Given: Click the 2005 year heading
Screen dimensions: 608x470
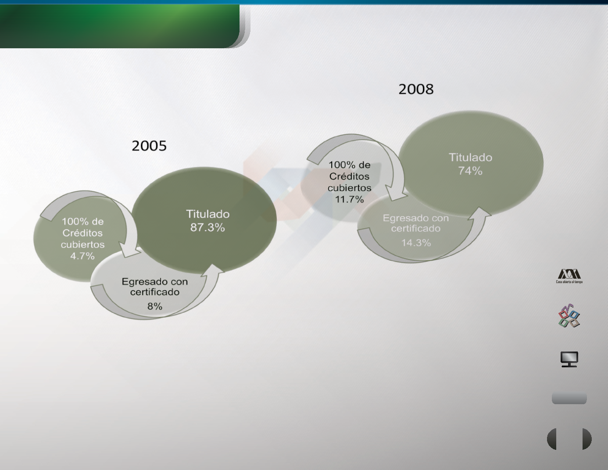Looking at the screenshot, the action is tap(149, 146).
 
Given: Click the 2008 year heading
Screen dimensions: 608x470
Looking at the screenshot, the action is tap(416, 89).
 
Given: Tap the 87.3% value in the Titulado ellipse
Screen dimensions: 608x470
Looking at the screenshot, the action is tap(207, 227).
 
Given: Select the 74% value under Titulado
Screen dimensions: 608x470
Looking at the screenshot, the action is tap(470, 171).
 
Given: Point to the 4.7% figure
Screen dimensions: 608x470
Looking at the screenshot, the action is tap(82, 256).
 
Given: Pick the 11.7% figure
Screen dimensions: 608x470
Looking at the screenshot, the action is tap(350, 199).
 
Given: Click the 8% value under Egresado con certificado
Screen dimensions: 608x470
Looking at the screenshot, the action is tap(155, 306).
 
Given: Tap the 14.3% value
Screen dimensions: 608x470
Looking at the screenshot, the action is tap(416, 242).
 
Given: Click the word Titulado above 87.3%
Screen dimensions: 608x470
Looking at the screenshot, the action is tap(208, 214).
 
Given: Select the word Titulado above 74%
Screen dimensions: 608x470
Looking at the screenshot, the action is tap(471, 157).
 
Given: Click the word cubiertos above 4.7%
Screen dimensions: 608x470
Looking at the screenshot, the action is tap(82, 244).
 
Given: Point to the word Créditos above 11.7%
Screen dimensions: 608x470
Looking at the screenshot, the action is tap(350, 176).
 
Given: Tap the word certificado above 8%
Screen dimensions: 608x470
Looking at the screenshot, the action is tap(155, 292).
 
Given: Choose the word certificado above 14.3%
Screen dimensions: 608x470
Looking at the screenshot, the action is tap(416, 229).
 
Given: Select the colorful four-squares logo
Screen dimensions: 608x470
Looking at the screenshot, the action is tap(569, 316).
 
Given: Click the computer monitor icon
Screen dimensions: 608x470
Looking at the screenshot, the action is tap(569, 359).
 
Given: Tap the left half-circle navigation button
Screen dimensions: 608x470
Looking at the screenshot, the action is tap(552, 439).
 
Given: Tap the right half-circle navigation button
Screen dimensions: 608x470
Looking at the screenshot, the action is tap(587, 439).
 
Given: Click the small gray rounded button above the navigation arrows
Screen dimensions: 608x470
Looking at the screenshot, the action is tap(569, 398).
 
